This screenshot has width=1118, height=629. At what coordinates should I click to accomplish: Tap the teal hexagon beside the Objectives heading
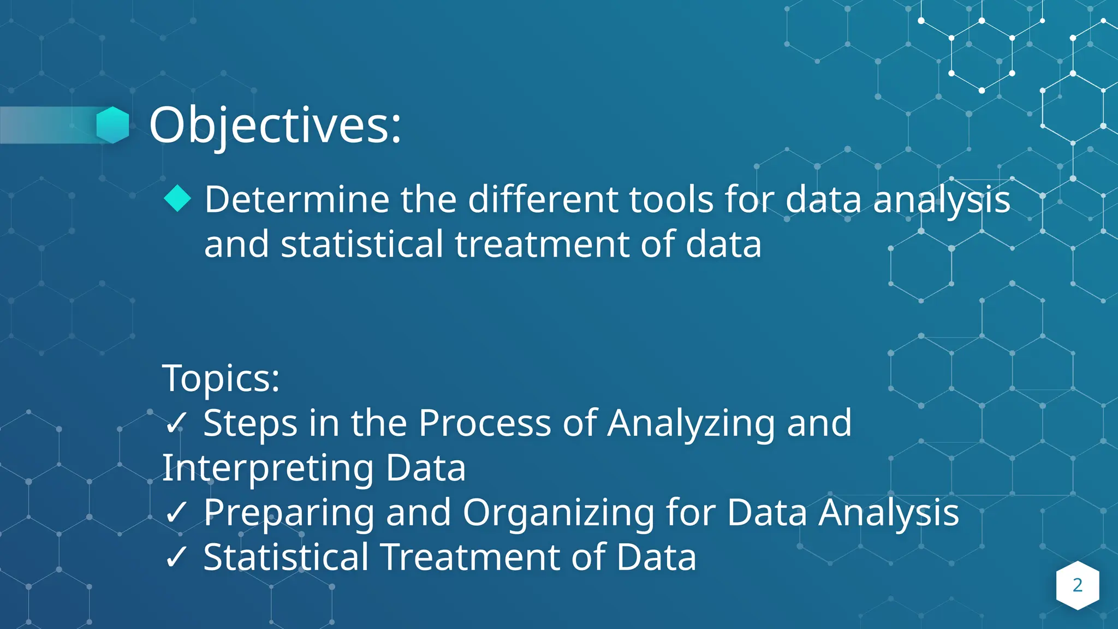113,125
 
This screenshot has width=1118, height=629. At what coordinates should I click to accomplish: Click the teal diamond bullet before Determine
177,198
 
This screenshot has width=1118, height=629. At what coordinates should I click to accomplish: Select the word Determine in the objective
296,199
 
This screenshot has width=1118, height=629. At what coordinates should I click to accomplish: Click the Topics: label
221,378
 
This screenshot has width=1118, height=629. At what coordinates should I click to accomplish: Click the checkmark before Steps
176,423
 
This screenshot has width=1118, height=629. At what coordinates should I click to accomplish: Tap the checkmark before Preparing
176,513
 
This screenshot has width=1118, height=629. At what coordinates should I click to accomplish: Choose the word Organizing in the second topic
558,513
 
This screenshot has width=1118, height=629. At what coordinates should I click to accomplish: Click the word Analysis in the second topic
888,513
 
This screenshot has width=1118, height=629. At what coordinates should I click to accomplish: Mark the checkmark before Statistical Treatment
176,557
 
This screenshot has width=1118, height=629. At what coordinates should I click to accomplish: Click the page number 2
1077,585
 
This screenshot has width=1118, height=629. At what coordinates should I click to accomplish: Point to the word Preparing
289,513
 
